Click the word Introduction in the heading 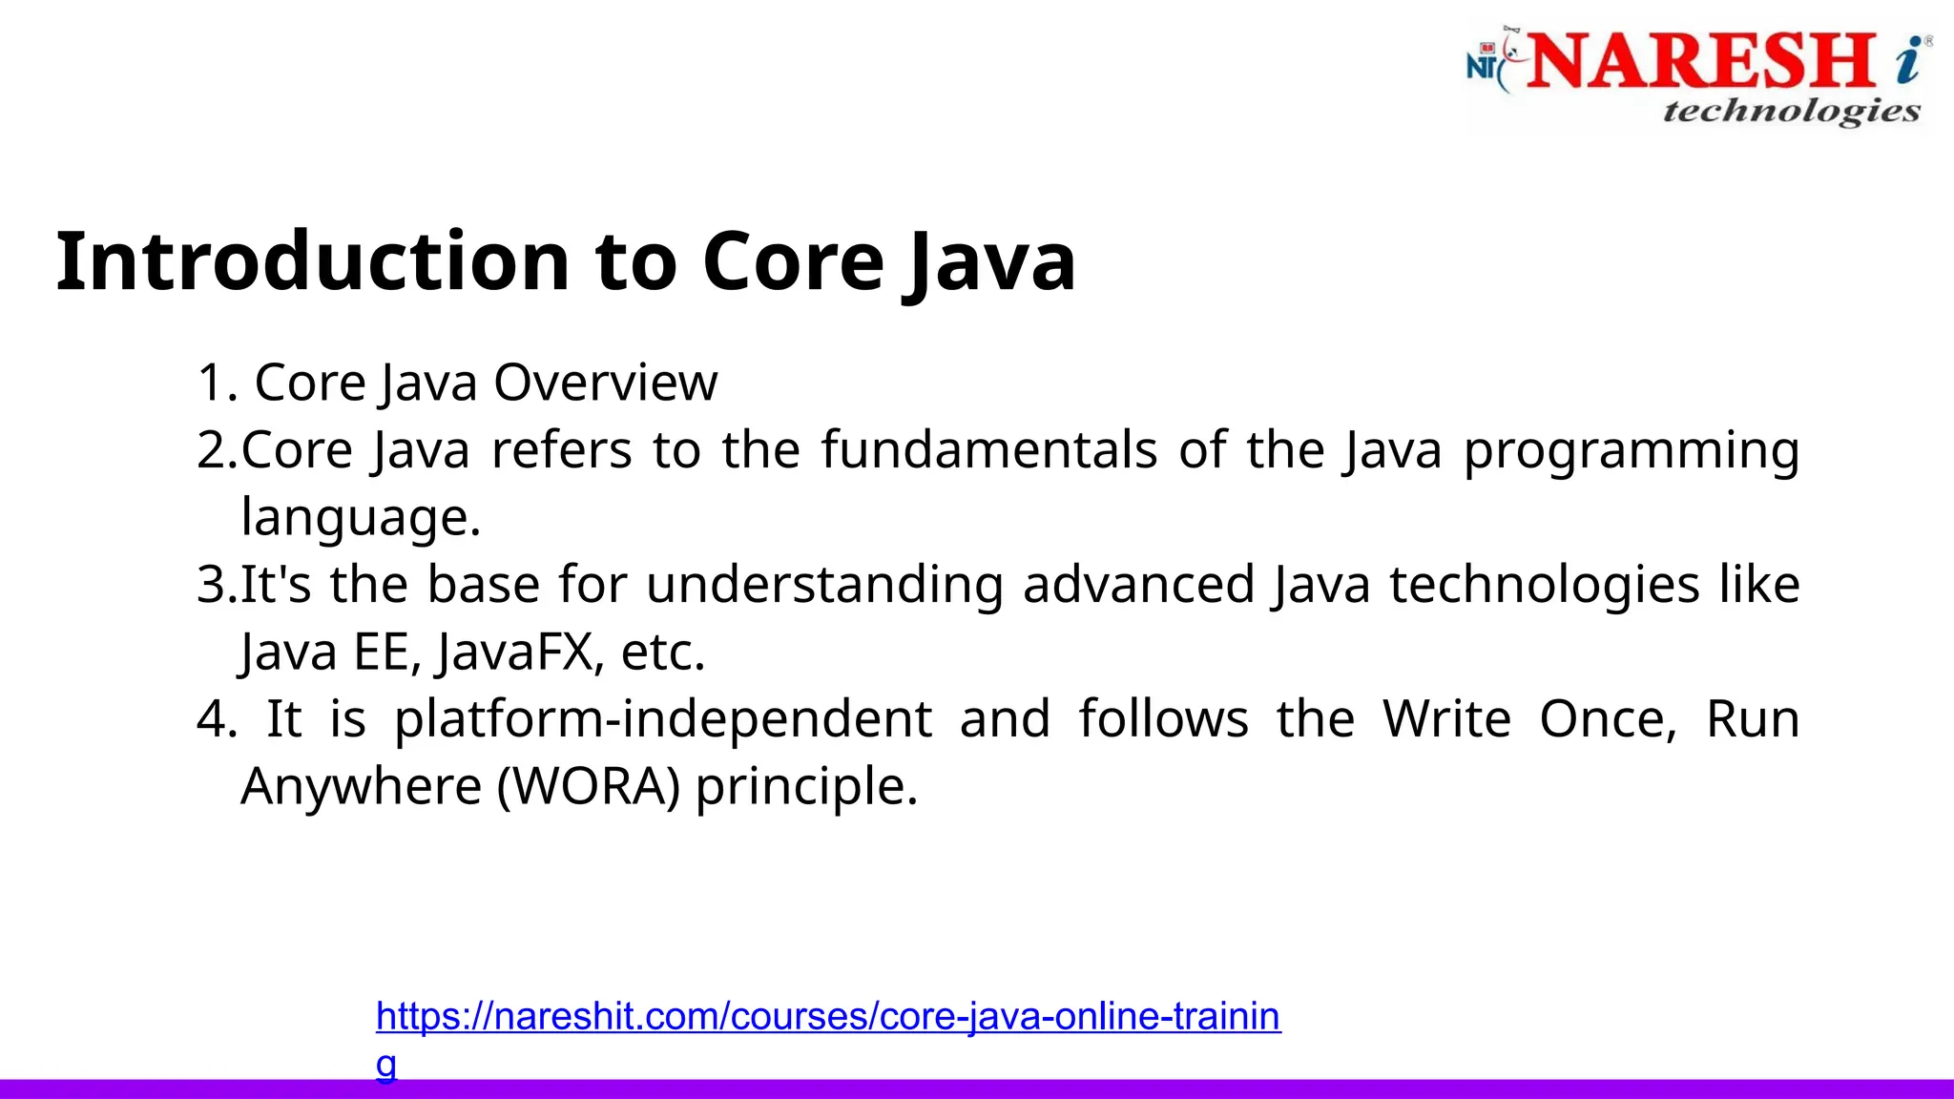tap(313, 261)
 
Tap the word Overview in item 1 tap(605, 383)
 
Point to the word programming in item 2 tap(1632, 451)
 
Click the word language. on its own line tap(361, 518)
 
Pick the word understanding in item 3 tap(824, 585)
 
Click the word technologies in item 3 tap(1544, 585)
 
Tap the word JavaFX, tap(520, 653)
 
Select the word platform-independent tap(663, 719)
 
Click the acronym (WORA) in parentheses tap(589, 787)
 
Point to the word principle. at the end tap(806, 788)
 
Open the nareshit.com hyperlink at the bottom tap(827, 1017)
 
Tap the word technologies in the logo tap(1791, 112)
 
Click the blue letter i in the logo tap(1909, 59)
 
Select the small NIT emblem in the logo tap(1485, 65)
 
